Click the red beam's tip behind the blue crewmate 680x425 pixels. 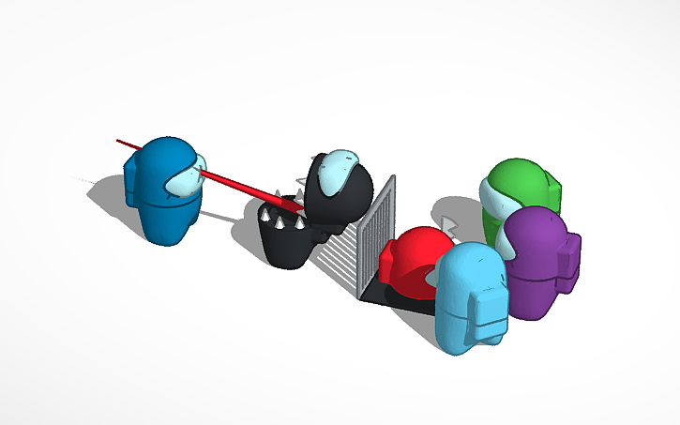click(119, 142)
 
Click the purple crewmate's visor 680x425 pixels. click(506, 247)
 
